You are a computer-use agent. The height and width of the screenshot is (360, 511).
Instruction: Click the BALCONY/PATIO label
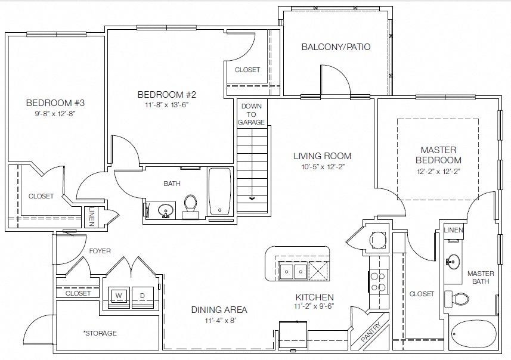point(336,47)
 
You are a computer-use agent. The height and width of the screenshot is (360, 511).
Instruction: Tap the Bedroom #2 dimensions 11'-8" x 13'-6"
point(167,105)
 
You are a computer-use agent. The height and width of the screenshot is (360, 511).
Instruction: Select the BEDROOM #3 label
point(55,103)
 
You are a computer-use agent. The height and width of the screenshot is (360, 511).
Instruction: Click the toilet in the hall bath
point(190,207)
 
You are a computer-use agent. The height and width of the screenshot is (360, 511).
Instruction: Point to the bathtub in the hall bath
point(219,191)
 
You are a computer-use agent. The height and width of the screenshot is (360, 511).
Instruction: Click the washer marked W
point(119,296)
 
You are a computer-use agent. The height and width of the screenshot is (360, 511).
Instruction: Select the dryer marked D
point(143,296)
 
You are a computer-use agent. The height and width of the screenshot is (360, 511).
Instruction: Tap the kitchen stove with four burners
point(379,282)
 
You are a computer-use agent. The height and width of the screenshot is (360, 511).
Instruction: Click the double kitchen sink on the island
point(293,271)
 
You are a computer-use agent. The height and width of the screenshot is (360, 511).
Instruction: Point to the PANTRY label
point(371,331)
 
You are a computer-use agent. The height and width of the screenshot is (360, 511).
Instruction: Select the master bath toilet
point(457,298)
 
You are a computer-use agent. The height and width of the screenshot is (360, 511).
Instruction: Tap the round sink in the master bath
point(453,260)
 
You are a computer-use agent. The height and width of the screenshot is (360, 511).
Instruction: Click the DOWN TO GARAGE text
point(251,114)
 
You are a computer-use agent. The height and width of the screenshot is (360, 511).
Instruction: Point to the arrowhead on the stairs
point(252,198)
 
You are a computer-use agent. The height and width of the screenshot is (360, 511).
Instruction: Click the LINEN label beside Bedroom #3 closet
point(91,216)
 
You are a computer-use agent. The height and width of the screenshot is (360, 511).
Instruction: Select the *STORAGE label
point(100,333)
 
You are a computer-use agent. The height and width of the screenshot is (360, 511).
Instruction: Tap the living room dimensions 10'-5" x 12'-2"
point(323,167)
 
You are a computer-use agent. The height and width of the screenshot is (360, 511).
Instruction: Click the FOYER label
point(100,251)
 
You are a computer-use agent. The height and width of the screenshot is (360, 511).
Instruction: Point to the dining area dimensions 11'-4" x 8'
point(220,321)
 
